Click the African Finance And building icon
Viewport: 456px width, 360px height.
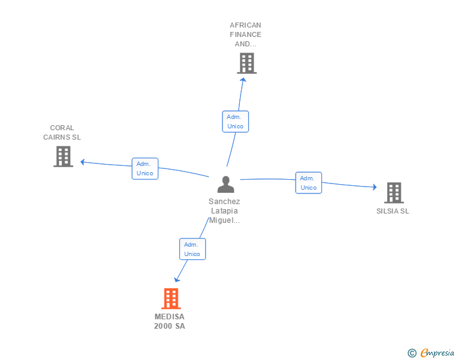[x=247, y=63]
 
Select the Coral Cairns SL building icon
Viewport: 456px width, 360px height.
[x=63, y=157]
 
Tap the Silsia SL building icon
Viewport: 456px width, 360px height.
[x=393, y=193]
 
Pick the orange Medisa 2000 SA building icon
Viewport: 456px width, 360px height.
[x=170, y=299]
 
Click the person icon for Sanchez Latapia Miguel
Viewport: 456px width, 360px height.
[x=225, y=184]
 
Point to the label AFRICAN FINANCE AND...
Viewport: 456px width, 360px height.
[x=246, y=34]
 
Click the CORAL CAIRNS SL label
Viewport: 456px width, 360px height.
[x=62, y=132]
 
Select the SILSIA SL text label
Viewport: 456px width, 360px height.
[x=393, y=211]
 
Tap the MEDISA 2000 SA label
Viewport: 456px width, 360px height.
[x=170, y=321]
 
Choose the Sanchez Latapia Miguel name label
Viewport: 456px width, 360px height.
[x=224, y=211]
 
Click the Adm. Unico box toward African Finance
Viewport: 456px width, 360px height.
[x=236, y=121]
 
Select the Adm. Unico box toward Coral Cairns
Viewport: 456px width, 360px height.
[x=145, y=168]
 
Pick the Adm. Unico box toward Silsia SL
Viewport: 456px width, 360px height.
[x=308, y=183]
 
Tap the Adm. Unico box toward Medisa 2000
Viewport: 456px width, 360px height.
[x=192, y=249]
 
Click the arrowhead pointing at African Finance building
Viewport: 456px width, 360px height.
[x=243, y=80]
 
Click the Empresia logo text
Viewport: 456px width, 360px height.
[x=437, y=353]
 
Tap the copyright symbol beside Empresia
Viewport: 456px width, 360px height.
[x=412, y=354]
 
